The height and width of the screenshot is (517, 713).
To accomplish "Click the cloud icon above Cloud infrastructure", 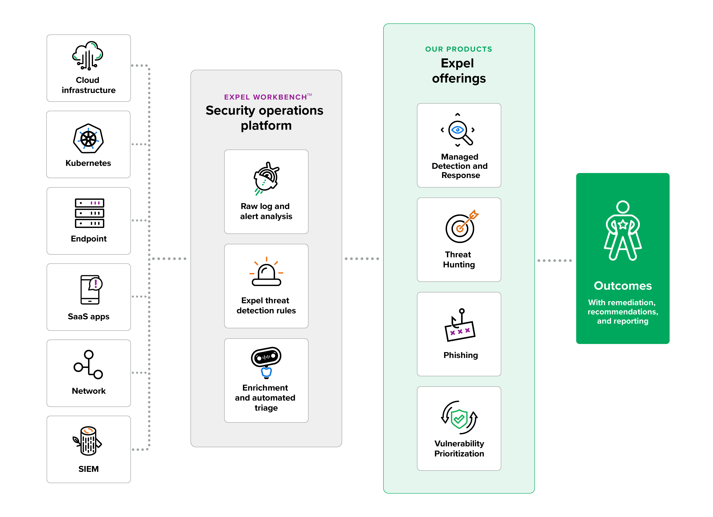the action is point(88,55).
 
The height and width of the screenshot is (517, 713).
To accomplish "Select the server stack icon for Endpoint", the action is point(89,213).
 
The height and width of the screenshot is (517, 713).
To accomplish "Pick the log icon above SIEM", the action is point(87,441).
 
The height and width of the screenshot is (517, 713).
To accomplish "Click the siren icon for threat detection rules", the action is point(266,272).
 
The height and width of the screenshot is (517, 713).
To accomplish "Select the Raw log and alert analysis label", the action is point(266,211).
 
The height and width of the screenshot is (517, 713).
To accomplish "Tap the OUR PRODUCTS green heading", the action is point(459,49).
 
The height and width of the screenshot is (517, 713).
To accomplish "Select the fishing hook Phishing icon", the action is point(460,325).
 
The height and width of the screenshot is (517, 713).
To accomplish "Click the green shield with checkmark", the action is point(459,419).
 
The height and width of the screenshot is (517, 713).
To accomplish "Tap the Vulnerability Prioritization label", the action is point(459,448).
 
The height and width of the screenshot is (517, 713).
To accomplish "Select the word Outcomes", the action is point(623,286).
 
